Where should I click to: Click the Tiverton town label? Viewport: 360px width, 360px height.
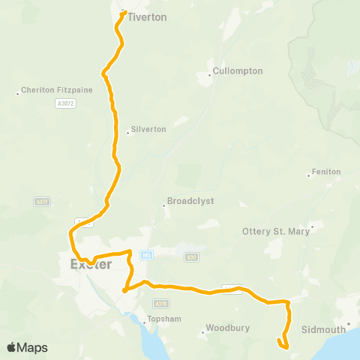pyautogui.click(x=147, y=16)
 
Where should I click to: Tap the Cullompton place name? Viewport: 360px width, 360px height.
pyautogui.click(x=238, y=70)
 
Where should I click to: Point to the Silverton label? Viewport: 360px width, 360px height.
pyautogui.click(x=148, y=129)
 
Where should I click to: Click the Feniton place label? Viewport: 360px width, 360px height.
pyautogui.click(x=326, y=172)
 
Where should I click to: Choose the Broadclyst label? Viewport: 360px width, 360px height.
pyautogui.click(x=187, y=202)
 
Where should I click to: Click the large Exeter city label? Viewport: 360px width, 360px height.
pyautogui.click(x=91, y=264)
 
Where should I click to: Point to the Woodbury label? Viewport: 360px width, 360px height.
pyautogui.click(x=226, y=329)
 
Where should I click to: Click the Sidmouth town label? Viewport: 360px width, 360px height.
pyautogui.click(x=322, y=329)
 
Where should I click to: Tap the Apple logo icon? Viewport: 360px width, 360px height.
pyautogui.click(x=12, y=347)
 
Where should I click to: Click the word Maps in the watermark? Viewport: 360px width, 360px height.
pyautogui.click(x=33, y=348)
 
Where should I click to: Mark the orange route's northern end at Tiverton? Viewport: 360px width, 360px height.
pyautogui.click(x=123, y=11)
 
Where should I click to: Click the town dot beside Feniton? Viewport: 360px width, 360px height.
pyautogui.click(x=309, y=176)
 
